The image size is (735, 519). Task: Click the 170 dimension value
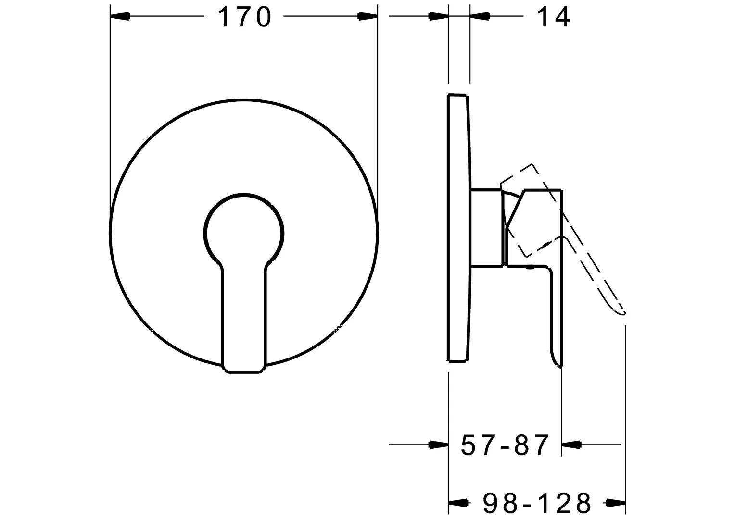click(x=244, y=17)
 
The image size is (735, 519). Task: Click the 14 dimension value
click(x=553, y=17)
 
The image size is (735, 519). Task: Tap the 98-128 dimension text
click(x=537, y=503)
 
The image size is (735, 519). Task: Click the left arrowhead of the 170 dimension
click(x=120, y=16)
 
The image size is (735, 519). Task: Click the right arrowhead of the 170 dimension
click(x=367, y=16)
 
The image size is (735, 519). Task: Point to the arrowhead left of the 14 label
click(x=480, y=16)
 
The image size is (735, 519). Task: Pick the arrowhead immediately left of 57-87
click(x=438, y=445)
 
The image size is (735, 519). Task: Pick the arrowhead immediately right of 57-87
click(x=571, y=445)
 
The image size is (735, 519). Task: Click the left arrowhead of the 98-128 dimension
click(x=458, y=503)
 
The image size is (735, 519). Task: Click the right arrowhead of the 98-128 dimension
click(x=616, y=503)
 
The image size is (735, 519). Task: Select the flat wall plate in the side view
click(x=457, y=228)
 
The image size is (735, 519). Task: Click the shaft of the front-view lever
click(x=243, y=317)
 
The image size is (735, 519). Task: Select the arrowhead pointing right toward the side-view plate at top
click(x=438, y=16)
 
